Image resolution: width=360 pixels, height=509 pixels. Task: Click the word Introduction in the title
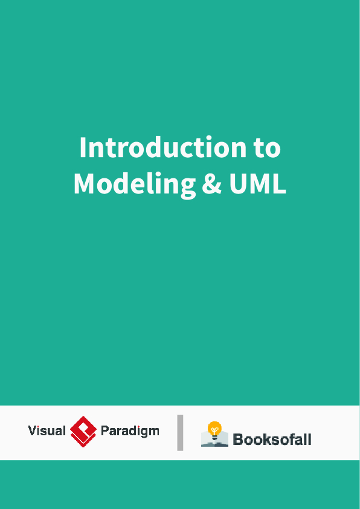tap(154, 148)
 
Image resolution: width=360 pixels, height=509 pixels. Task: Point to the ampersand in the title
tap(211, 184)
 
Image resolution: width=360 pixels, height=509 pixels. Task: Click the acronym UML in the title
tap(257, 184)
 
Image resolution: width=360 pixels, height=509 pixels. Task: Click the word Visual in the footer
tap(47, 431)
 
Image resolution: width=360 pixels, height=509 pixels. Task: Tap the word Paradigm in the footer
tap(130, 431)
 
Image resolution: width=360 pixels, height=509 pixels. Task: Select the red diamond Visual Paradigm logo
tap(83, 432)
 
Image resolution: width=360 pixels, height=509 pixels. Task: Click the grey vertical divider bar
tap(180, 432)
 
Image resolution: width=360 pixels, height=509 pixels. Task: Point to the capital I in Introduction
tap(83, 148)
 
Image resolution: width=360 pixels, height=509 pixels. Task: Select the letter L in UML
tap(279, 184)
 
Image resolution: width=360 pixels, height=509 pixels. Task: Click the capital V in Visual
tap(32, 431)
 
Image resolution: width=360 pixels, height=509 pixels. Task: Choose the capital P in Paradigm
tap(104, 431)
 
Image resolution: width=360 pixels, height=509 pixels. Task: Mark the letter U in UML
tap(237, 184)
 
